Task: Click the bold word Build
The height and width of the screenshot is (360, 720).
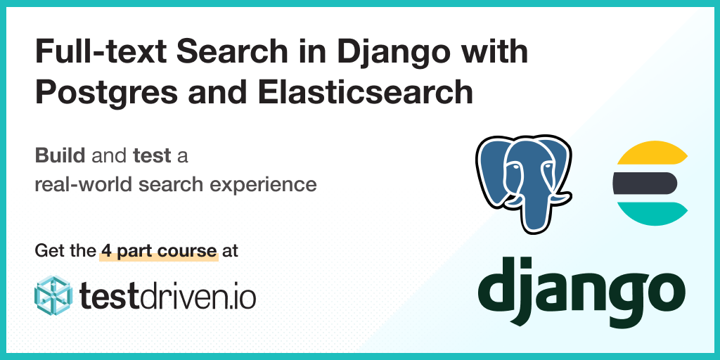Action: point(60,156)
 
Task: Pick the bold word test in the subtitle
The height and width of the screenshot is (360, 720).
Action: point(152,157)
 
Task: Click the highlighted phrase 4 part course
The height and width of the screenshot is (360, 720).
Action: point(159,251)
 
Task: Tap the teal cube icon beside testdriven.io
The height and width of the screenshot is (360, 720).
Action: point(53,295)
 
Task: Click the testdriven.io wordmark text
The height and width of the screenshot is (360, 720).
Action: point(167,296)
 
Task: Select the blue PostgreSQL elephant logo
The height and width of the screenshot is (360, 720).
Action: point(523,184)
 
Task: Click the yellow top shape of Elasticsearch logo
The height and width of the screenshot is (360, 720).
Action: point(652,153)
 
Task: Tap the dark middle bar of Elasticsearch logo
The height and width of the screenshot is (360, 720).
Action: point(645,183)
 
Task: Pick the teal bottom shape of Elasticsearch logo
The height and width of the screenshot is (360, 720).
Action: point(652,214)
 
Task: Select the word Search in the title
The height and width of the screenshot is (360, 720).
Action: point(214,52)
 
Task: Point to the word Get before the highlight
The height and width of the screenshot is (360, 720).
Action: point(46,251)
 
